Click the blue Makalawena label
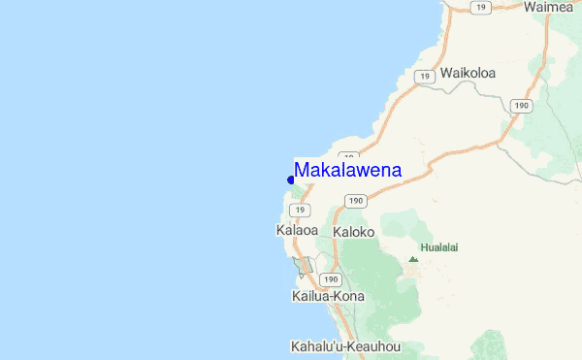pos(347,170)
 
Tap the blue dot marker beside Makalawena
pos(291,180)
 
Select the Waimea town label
pos(550,7)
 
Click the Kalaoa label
pos(297,231)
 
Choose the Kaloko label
pos(353,233)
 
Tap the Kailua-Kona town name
pos(327,295)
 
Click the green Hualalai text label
pos(439,247)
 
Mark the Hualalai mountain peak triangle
pos(413,259)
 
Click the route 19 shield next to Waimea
pos(479,8)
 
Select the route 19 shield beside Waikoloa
pos(423,75)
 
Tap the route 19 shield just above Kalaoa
pos(302,210)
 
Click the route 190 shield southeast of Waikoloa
pos(522,105)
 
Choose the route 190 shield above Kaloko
pos(354,201)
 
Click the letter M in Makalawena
pos(303,170)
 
